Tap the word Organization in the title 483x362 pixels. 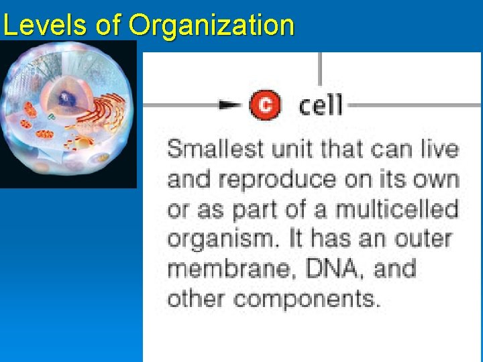(211, 25)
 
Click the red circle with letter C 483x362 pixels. (265, 105)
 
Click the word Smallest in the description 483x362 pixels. (215, 149)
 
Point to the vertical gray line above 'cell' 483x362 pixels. (321, 67)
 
